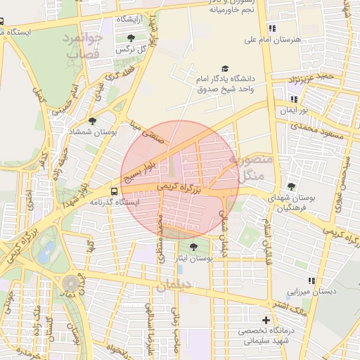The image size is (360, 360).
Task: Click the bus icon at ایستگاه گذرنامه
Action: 114,191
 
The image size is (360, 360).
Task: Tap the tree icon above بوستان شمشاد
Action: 92,121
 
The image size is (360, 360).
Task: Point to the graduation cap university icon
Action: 225,69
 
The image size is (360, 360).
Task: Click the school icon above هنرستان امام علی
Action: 271,29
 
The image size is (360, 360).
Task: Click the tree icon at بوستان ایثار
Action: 193,247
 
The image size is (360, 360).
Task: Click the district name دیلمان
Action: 174,286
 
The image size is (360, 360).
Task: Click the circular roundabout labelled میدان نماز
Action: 70,282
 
